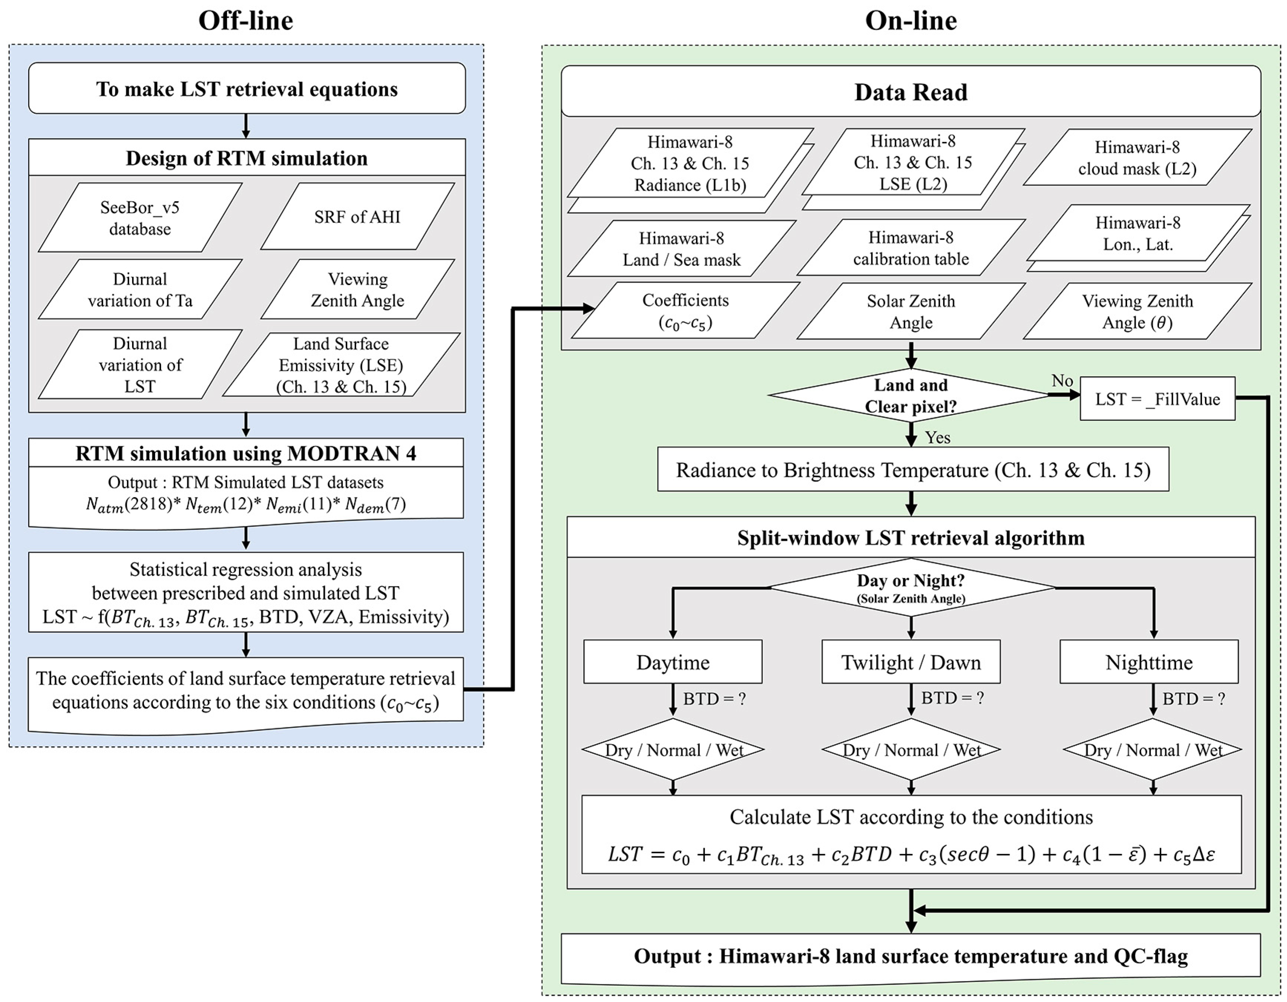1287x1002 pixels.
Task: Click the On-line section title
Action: point(911,21)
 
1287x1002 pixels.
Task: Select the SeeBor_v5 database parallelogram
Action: point(140,218)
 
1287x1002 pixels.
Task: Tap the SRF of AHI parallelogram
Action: point(357,217)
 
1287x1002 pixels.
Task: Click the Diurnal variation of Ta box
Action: point(140,289)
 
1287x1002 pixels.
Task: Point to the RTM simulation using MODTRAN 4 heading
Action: point(246,454)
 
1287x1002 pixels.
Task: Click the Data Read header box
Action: point(911,92)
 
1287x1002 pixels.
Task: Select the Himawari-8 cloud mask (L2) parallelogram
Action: point(1137,158)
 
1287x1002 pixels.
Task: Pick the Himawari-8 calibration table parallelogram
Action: point(911,248)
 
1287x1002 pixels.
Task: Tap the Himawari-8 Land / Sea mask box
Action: point(681,248)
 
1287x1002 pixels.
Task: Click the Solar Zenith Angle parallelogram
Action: point(911,312)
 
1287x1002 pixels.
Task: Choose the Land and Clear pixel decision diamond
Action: point(911,395)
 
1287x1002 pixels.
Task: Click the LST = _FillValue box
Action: point(1157,399)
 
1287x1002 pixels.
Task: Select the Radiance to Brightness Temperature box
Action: point(913,470)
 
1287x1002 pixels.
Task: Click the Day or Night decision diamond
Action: point(911,587)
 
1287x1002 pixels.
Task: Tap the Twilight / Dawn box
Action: point(911,662)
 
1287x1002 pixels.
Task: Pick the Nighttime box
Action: point(1149,662)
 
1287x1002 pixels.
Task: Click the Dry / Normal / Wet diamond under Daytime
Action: point(673,750)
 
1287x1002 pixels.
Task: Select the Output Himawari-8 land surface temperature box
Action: point(911,956)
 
